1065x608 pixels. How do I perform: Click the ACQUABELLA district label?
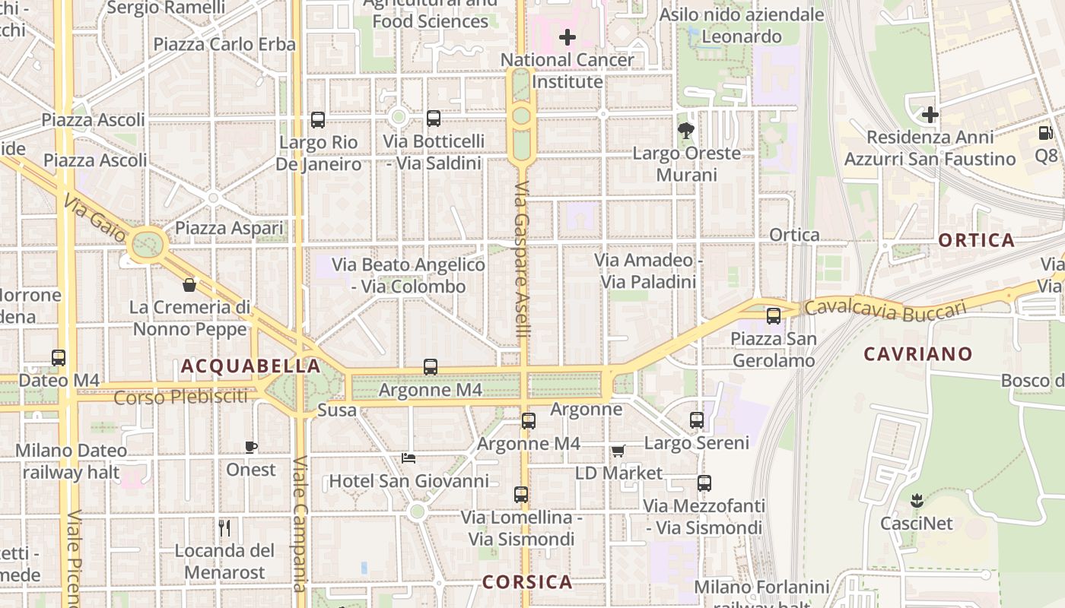coord(250,366)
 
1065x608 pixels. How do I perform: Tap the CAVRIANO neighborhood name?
coord(918,354)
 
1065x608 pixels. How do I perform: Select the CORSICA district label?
coord(527,583)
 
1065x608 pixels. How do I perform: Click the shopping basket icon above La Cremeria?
coord(189,285)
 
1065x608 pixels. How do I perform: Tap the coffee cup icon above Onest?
coord(251,447)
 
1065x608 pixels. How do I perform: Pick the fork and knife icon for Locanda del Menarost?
coord(224,528)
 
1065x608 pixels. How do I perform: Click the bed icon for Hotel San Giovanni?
coord(409,458)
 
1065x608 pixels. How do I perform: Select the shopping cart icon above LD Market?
coord(618,451)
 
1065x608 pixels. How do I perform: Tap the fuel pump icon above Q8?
coord(1045,133)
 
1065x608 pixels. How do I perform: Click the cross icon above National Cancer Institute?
coord(567,36)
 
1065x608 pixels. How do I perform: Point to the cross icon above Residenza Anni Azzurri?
coord(930,115)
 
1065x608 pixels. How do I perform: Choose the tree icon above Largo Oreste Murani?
coord(686,131)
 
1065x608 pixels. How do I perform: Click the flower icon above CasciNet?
coord(916,501)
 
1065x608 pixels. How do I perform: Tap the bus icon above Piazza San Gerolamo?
coord(774,315)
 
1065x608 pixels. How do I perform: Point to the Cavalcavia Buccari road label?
coord(885,309)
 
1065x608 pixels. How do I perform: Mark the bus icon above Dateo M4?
coord(59,357)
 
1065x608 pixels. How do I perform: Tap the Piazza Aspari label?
coord(229,228)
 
